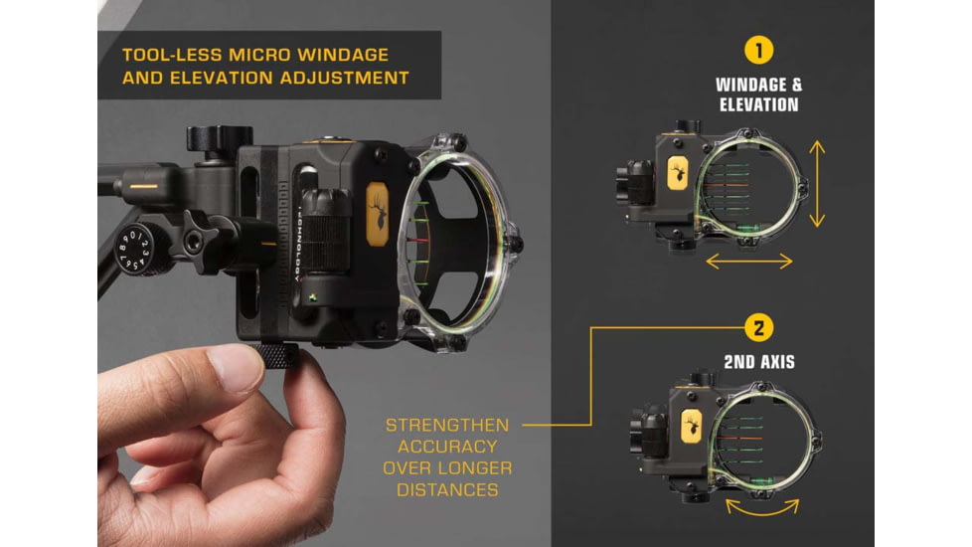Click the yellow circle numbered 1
(x=758, y=50)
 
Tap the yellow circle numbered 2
(x=758, y=327)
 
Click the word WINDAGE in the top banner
(x=343, y=55)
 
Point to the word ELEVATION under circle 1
(x=758, y=104)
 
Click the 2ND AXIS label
(x=759, y=362)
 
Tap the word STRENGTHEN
(x=447, y=426)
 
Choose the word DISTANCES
(x=447, y=490)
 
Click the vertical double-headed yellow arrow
(x=817, y=184)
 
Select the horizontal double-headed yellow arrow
(x=749, y=262)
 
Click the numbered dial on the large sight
(x=134, y=249)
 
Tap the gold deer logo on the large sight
(x=377, y=214)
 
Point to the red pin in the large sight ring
(x=415, y=240)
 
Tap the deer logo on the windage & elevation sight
(x=678, y=172)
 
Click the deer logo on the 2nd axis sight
(x=691, y=426)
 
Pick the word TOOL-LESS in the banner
(x=172, y=55)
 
